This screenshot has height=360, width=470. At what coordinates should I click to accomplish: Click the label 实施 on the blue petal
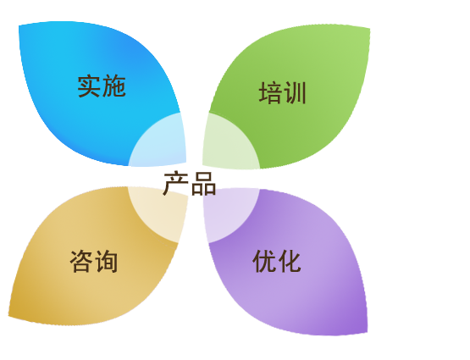pos(102,86)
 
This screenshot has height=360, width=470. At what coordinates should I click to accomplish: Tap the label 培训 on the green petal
pos(282,93)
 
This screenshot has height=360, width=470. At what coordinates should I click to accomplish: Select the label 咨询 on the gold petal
pos(94,262)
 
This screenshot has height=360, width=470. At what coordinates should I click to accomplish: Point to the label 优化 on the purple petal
pos(277,262)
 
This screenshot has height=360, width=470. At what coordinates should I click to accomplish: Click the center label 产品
pos(190,184)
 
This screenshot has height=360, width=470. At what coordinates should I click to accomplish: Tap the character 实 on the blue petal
pos(89,86)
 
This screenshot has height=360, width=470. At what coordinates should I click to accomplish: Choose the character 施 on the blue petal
pos(114,86)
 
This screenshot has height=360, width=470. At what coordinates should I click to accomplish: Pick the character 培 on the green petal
pos(270,93)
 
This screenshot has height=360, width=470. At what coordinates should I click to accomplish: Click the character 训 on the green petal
pos(295,93)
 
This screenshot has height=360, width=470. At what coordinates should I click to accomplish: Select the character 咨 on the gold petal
pos(81,262)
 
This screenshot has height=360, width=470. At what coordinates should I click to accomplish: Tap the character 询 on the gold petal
pos(107,262)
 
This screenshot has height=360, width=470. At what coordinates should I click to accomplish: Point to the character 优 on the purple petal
pos(264,262)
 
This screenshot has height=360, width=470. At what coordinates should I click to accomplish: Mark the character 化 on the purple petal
pos(290,262)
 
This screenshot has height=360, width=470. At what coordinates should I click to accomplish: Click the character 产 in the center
pos(175,184)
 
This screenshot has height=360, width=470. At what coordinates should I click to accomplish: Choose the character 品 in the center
pos(204,184)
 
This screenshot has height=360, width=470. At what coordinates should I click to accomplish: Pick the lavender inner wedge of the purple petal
pos(228,211)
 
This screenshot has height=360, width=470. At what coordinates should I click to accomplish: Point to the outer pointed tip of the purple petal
pos(368,332)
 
